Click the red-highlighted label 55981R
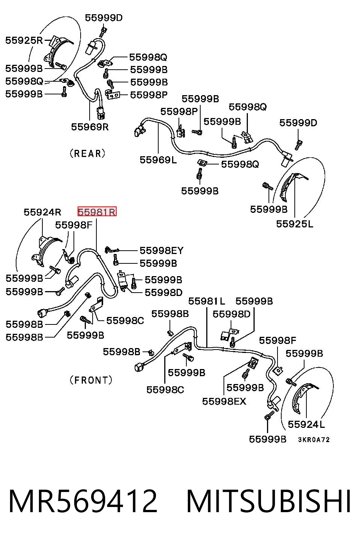(97, 212)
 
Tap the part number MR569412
(83, 501)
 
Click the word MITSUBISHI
(268, 501)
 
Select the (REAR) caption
(87, 154)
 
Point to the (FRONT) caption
(91, 380)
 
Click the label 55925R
(24, 40)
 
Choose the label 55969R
(90, 127)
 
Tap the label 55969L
(158, 160)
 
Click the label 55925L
(295, 224)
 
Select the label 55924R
(42, 212)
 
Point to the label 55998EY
(162, 250)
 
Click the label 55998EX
(224, 401)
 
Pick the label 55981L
(207, 301)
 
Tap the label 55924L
(306, 424)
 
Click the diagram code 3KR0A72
(314, 439)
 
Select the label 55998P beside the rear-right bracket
(149, 95)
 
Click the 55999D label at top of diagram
(104, 18)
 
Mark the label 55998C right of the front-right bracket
(125, 321)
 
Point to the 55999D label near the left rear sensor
(298, 123)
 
